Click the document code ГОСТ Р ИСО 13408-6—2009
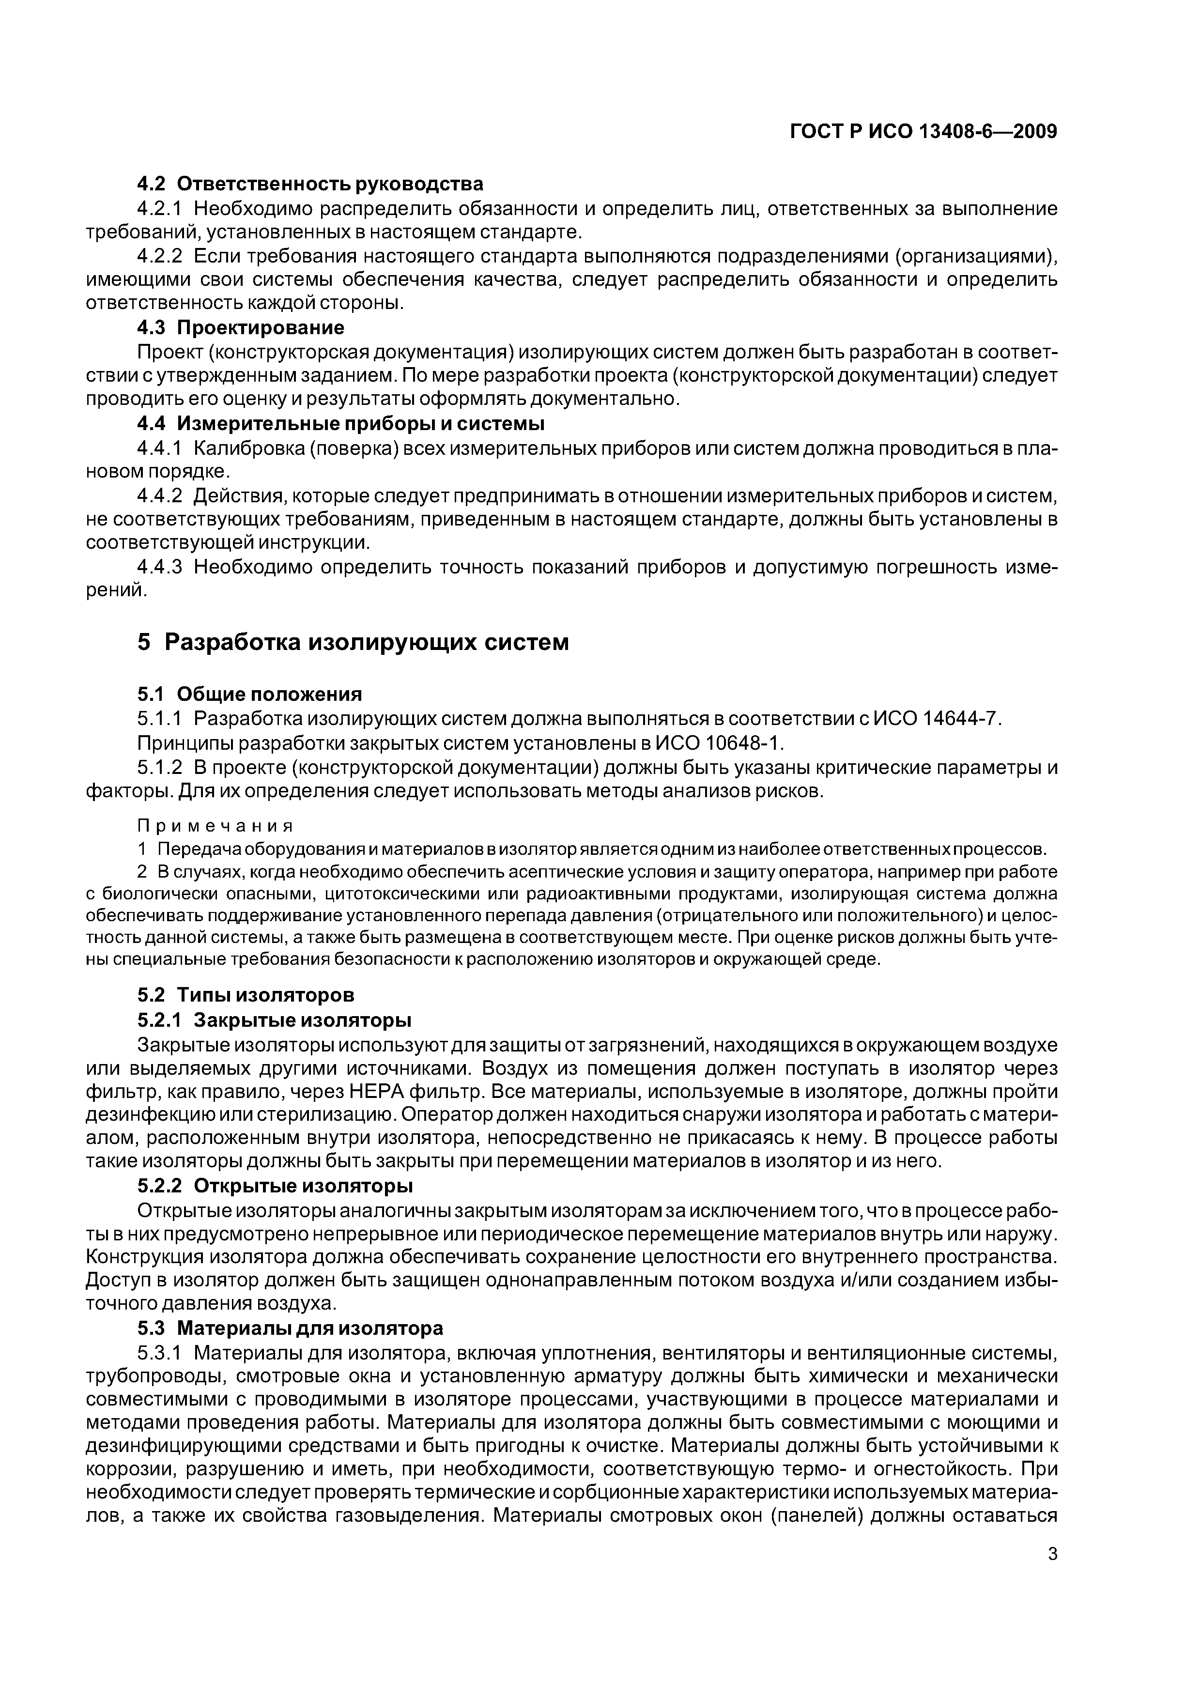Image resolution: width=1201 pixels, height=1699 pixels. click(924, 132)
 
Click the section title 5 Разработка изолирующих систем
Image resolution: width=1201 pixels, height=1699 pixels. click(353, 642)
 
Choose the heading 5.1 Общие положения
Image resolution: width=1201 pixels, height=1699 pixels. click(249, 694)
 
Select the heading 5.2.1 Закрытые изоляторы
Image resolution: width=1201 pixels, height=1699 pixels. click(274, 1019)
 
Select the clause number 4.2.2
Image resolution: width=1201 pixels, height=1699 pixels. click(159, 256)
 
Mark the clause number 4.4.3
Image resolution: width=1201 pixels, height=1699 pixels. click(159, 567)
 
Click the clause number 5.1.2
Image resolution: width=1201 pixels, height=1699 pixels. click(159, 767)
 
